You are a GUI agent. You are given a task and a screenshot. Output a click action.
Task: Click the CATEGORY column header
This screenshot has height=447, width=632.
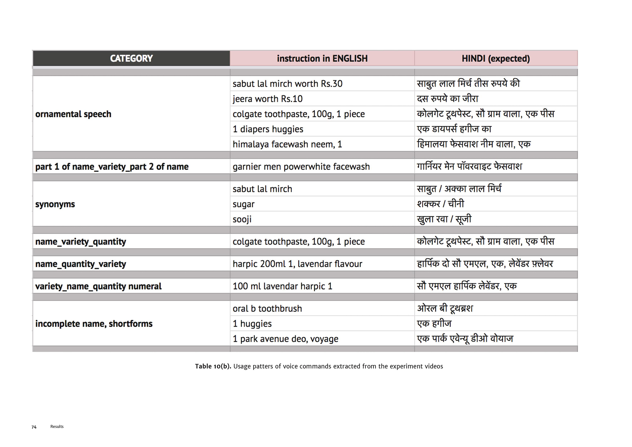[x=131, y=58]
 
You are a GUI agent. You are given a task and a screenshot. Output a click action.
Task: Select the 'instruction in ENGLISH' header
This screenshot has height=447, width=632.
[x=322, y=58]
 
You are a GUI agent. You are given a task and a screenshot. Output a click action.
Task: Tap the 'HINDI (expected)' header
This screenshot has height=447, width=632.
[x=495, y=58]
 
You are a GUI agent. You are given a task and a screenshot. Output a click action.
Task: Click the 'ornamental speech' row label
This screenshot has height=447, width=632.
[x=73, y=114]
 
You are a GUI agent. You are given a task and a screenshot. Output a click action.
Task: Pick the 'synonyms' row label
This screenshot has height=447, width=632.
[x=55, y=204]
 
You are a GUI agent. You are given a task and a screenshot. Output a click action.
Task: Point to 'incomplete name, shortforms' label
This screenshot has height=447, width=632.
[x=94, y=324]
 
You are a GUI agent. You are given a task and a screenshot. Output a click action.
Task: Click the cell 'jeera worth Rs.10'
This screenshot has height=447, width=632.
[x=267, y=99]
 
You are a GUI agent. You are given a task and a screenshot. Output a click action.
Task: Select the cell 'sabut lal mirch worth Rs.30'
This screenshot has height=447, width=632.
[x=287, y=84]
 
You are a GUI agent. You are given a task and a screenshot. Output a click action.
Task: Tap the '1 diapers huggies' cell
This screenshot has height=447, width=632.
[x=268, y=129]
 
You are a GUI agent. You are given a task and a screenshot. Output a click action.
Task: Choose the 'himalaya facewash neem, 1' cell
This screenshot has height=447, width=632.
[x=287, y=144]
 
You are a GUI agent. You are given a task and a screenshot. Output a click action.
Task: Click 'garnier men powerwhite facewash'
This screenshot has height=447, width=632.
[x=301, y=167]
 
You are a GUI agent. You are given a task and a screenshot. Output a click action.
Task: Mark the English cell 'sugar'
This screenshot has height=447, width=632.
[x=243, y=204]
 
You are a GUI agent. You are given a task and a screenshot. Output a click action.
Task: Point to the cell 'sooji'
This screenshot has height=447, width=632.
[x=242, y=219]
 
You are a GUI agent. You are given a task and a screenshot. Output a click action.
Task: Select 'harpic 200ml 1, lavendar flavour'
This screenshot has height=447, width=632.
[x=297, y=264]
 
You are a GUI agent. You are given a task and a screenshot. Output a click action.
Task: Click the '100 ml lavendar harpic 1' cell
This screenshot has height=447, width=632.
[x=282, y=286]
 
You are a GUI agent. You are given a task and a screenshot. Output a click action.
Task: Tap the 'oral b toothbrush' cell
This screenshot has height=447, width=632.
[x=267, y=309]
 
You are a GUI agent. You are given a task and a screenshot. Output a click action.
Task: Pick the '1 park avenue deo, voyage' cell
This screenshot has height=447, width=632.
[x=285, y=339]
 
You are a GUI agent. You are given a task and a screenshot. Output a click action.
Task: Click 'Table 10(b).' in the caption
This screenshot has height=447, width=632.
[x=213, y=366]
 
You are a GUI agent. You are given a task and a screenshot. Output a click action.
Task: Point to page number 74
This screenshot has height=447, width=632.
[x=34, y=427]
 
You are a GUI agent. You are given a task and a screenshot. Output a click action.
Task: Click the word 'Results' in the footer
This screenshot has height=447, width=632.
[x=57, y=426]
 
